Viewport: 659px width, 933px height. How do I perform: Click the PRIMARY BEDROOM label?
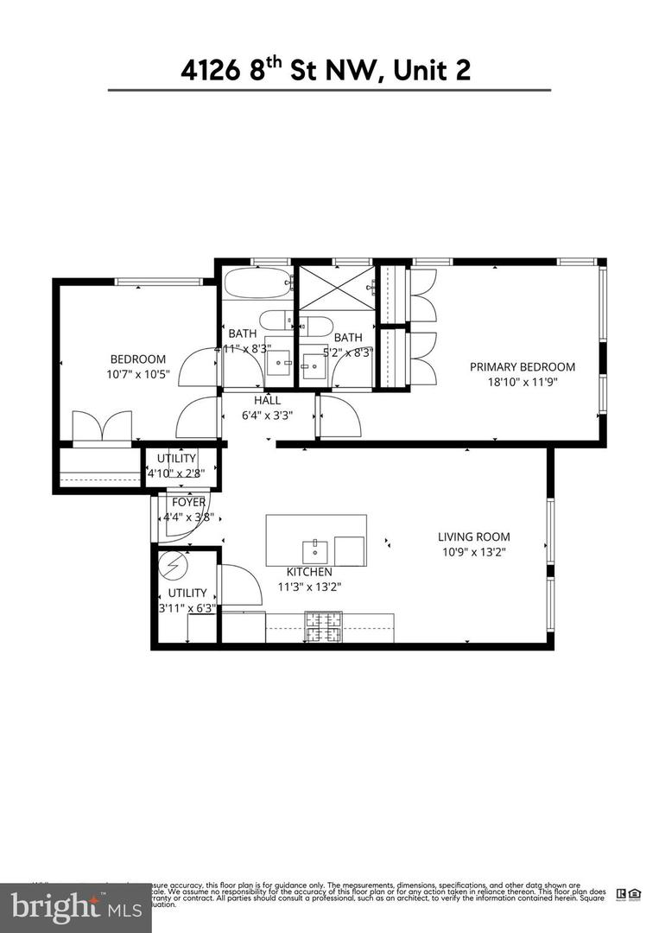(x=522, y=366)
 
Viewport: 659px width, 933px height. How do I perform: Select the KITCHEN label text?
(x=309, y=572)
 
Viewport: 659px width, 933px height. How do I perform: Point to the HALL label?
(x=266, y=401)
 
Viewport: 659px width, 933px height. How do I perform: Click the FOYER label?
(x=188, y=502)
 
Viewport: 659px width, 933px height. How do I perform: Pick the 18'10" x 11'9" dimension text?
(x=522, y=382)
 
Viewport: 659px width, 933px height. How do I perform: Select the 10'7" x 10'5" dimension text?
(x=137, y=375)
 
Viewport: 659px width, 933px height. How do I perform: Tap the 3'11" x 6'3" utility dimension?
(x=187, y=608)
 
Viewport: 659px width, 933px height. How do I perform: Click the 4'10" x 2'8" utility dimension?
(x=182, y=473)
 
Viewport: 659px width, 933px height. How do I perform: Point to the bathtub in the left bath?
(x=257, y=282)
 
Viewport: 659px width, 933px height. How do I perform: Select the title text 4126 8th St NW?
(x=326, y=70)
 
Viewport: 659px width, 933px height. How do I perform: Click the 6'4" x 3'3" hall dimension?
(x=266, y=415)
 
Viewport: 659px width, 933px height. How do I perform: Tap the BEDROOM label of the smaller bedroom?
(x=137, y=359)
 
